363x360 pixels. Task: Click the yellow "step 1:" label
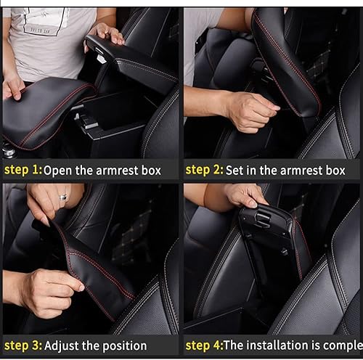click(22, 171)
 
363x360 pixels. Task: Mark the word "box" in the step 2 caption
click(333, 170)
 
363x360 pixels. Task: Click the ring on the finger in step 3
click(62, 197)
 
